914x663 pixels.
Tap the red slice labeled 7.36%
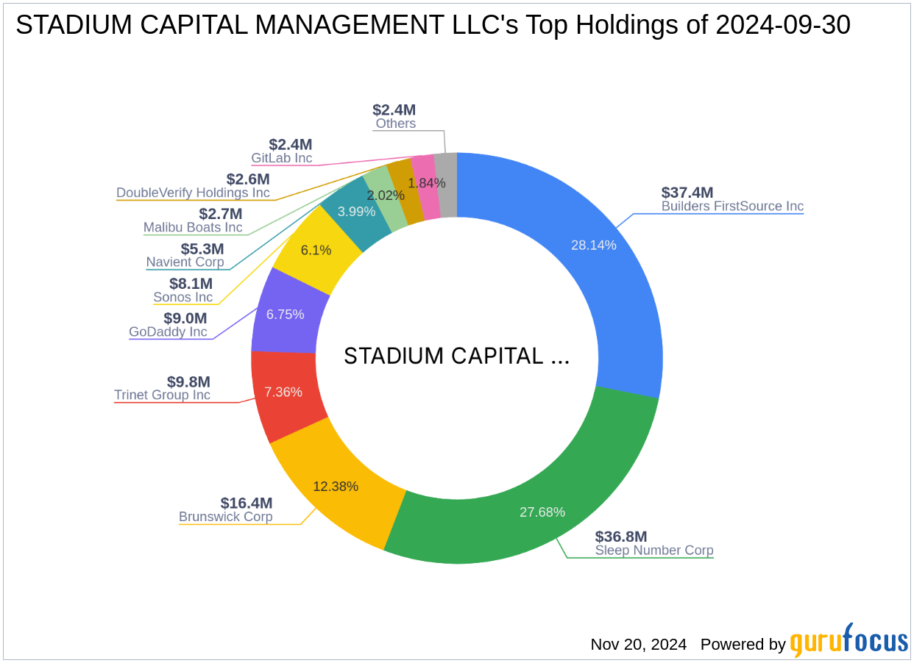[x=284, y=392]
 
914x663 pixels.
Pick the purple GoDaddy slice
[x=285, y=315]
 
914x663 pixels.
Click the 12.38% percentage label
[x=335, y=486]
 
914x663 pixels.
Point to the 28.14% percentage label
[x=593, y=245]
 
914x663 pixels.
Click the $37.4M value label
[x=687, y=193]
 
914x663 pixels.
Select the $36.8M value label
[x=621, y=537]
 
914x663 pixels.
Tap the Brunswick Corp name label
[x=225, y=517]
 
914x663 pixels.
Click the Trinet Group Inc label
[x=162, y=395]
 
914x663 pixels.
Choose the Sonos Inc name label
[x=183, y=298]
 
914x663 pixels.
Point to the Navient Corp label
[x=185, y=262]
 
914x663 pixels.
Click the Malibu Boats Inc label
[x=193, y=227]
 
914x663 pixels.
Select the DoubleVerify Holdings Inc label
[x=193, y=193]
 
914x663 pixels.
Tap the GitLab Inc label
[x=281, y=158]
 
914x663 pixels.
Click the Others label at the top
[x=395, y=123]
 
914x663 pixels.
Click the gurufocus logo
[x=849, y=642]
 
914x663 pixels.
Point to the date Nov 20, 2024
[x=638, y=645]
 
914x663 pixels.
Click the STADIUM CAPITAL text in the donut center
[x=456, y=356]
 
